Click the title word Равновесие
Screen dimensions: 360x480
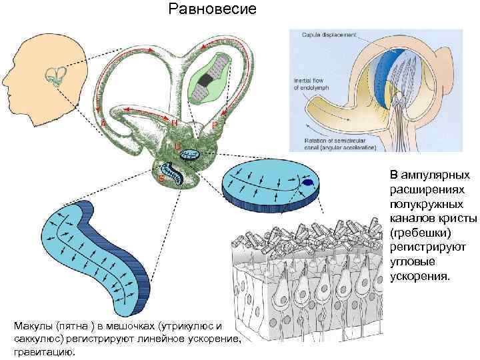tap(211, 10)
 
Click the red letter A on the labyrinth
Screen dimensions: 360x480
tap(104, 124)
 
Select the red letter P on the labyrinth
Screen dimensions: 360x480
tap(214, 125)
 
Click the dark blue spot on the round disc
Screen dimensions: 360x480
tap(308, 183)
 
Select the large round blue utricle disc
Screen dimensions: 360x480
tap(270, 187)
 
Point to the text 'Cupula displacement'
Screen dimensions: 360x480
tap(329, 34)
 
